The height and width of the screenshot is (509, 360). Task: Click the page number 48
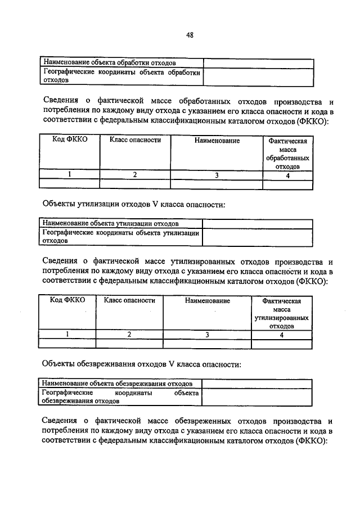190,35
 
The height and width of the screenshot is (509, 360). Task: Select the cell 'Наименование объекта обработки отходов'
109,62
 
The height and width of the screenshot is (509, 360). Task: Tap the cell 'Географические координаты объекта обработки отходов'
121,76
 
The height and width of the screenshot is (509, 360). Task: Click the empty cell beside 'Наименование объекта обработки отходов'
258,62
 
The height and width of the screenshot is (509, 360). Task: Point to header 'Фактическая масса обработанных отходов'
287,154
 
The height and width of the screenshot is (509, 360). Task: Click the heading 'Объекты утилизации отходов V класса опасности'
134,204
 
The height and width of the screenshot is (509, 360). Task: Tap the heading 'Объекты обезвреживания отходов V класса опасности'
142,364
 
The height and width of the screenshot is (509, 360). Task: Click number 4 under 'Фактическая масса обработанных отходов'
287,175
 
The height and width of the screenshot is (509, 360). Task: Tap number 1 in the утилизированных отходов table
67,335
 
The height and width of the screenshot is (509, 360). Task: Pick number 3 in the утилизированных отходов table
207,335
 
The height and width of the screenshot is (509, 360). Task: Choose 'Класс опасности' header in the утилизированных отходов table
129,301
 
